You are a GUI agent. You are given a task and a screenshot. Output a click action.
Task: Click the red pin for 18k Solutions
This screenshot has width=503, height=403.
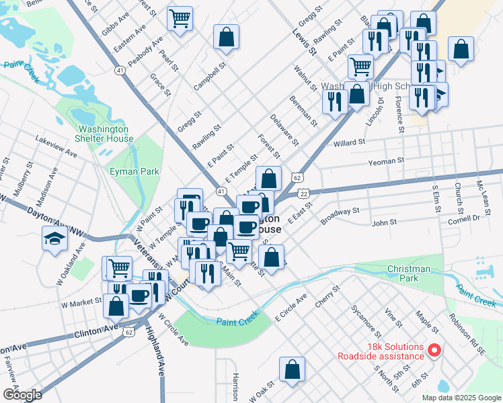(434, 350)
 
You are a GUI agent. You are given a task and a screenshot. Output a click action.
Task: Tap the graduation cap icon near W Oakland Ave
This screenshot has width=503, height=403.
(54, 238)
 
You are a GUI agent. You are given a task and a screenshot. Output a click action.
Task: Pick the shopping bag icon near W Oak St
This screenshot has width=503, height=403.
(293, 369)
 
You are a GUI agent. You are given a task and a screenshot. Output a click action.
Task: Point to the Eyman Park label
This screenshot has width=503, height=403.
(134, 171)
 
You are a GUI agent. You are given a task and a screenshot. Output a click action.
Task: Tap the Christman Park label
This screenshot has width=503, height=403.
(408, 273)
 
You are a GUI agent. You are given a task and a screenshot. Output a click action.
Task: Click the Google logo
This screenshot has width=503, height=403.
(22, 395)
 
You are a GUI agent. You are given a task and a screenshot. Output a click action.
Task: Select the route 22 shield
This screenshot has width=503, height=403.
(304, 193)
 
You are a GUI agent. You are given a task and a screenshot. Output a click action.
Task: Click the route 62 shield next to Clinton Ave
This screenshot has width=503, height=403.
(128, 331)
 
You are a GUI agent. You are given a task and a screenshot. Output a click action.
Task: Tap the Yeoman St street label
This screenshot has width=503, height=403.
(387, 161)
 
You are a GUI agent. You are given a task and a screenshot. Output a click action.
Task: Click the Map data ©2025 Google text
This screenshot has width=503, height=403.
(461, 398)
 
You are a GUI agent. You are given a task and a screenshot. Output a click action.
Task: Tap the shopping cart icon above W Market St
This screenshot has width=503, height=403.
(119, 268)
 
